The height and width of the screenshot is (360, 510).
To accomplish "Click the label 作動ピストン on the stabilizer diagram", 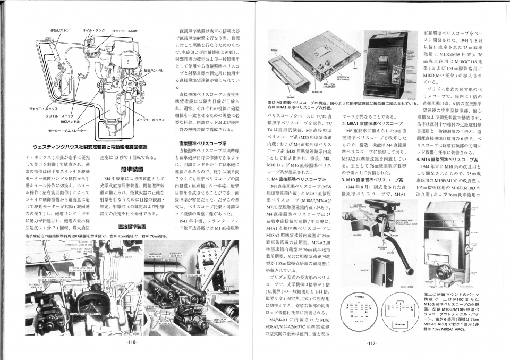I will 59,30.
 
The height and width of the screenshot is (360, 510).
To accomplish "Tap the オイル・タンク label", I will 92,30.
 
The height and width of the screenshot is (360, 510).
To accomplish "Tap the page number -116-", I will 133,342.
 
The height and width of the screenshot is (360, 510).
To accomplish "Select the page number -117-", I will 371,343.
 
